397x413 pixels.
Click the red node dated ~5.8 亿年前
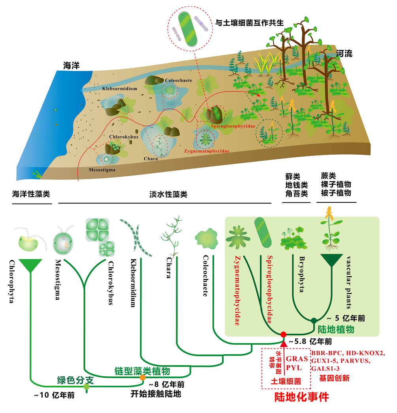[x=283, y=335]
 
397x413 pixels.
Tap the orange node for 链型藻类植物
[x=143, y=377]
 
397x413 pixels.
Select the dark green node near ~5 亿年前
[x=314, y=320]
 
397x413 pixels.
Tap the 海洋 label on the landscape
[x=71, y=65]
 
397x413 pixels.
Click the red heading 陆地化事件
[x=302, y=397]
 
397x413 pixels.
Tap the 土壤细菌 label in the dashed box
[x=286, y=381]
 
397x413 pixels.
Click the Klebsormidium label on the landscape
[x=119, y=89]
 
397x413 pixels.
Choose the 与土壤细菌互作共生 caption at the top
[x=250, y=22]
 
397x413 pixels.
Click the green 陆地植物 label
[x=336, y=329]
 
